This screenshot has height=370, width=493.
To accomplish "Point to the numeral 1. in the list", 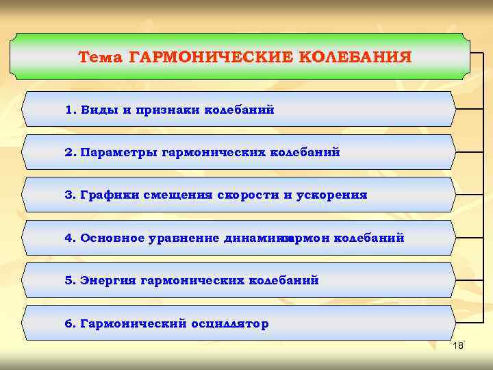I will pos(71,110).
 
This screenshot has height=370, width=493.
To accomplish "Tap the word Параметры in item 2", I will pos(118,152).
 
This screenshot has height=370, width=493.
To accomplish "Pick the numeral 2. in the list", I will pos(71,152).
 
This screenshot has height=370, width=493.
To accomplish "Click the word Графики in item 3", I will pos(110,195).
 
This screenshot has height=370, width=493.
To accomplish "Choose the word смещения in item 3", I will pos(179,195).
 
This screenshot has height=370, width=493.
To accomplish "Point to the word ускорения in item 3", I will pos(332,195).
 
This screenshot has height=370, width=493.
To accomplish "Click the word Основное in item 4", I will pos(114,238).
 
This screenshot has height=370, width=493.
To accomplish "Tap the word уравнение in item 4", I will pos(185,238).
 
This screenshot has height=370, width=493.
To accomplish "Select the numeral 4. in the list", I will pos(71,238).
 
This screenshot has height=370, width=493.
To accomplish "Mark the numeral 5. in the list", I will pos(71,280).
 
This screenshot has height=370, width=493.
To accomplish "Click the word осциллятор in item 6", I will pos(230,323).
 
